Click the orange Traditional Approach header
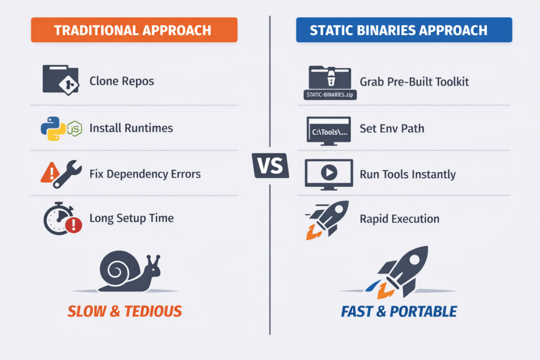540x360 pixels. coord(134,30)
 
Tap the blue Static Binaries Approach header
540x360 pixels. coord(404,30)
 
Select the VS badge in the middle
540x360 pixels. coord(271,166)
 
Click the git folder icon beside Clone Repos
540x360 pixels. coord(61,80)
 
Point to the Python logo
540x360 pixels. coord(53,129)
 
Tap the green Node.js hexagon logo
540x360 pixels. coord(74,129)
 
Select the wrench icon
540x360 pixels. coord(67,174)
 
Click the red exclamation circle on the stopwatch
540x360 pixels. coord(73,225)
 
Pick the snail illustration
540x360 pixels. coord(130,271)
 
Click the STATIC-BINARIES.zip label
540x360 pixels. coord(330,95)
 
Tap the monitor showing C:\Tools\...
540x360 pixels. coord(329,131)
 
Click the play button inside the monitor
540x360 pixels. coord(329,172)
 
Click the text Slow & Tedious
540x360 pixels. coord(124,312)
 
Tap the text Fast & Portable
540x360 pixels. coord(399,312)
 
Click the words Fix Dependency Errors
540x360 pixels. coord(145,174)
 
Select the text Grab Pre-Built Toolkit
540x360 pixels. coord(414,82)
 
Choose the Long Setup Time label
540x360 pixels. coord(131,218)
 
